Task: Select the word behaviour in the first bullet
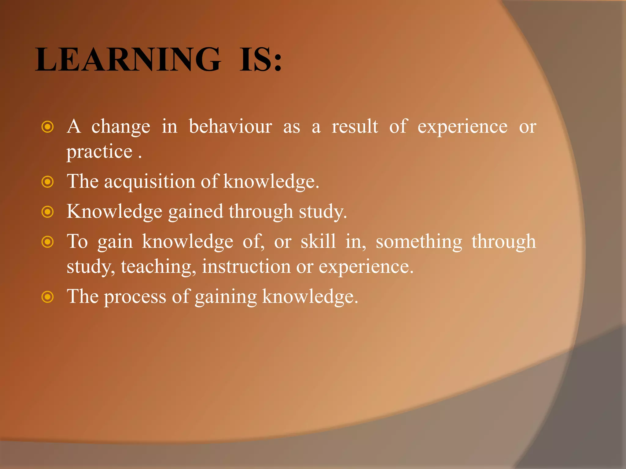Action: pos(230,126)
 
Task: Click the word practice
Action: pos(100,152)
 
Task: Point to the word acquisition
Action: pos(150,181)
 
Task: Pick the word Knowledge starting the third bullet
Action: pos(114,212)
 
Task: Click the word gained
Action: pos(196,212)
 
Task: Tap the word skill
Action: pos(318,242)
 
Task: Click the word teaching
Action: pos(158,267)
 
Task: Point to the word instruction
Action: pos(246,266)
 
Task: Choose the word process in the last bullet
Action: pos(135,297)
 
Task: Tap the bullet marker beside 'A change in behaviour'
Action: pos(47,127)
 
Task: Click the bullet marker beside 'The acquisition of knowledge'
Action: pos(47,182)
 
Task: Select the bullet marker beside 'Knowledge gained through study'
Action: pos(47,212)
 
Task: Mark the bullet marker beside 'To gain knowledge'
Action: pos(47,242)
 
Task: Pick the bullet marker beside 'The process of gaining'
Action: pos(47,297)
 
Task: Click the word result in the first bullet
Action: pos(355,126)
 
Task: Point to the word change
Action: pos(121,126)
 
